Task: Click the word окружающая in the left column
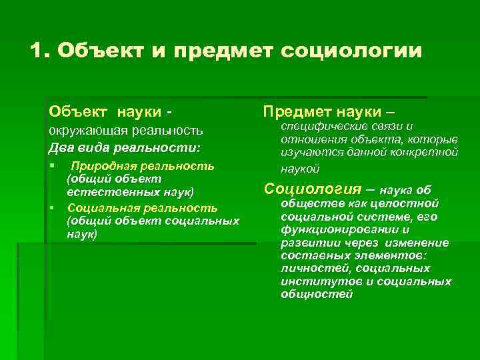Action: click(x=84, y=131)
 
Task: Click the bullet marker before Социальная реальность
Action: click(x=51, y=209)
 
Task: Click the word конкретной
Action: click(x=428, y=153)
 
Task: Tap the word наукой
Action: click(x=301, y=169)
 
